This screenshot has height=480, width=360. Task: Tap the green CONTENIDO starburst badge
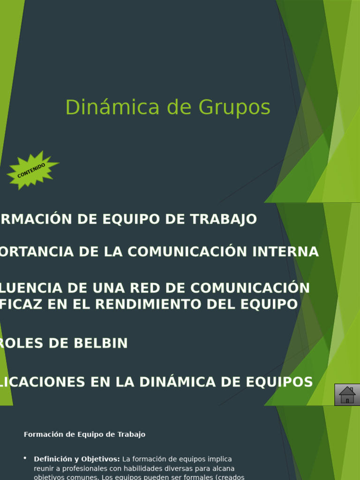(32, 170)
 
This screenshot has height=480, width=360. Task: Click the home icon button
(347, 395)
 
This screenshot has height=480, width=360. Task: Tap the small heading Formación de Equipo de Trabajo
(84, 435)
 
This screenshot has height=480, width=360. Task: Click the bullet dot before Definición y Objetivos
(25, 458)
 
